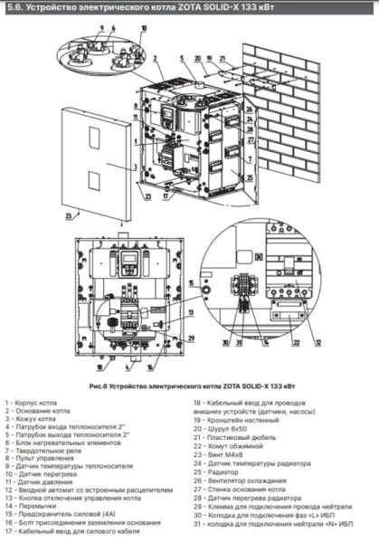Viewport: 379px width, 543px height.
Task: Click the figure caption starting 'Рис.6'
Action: click(x=189, y=385)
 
